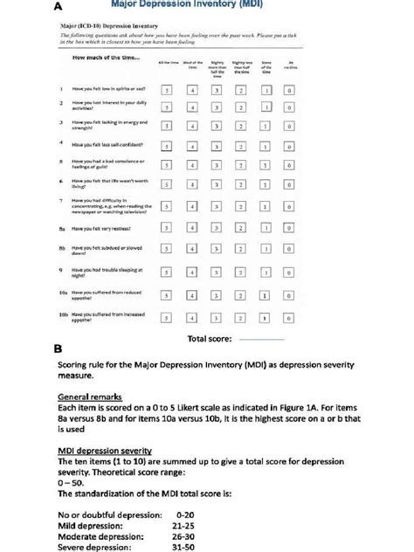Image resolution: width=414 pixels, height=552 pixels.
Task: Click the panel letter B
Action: coord(58,348)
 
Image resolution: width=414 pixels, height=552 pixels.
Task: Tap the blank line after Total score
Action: coord(261,337)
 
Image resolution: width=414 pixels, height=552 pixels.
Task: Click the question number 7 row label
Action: coord(61,200)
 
